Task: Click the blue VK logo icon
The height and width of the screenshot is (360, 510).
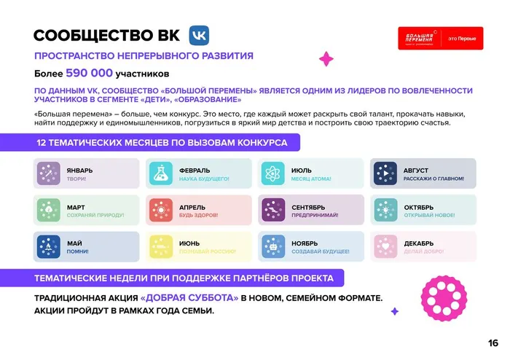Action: tap(200, 36)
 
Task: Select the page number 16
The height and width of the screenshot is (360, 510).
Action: tap(493, 343)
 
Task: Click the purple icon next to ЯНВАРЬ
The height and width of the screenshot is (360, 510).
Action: tap(48, 173)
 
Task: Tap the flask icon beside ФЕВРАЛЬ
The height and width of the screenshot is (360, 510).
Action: tap(161, 173)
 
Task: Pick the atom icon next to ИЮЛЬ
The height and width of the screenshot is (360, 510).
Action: tap(273, 173)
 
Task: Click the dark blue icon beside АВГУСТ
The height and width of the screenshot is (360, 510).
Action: tap(385, 173)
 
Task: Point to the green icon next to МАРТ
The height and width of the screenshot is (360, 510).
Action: tap(48, 210)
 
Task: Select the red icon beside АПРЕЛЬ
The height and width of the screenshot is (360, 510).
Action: tap(161, 210)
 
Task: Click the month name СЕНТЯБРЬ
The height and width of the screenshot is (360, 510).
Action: tap(308, 207)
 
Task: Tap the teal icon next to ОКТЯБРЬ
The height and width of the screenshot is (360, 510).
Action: tap(385, 210)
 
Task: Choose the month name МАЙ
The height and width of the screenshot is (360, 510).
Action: tap(74, 243)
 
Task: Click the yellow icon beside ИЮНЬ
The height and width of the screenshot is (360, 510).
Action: tap(161, 246)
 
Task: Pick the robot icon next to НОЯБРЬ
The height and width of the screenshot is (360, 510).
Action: tap(273, 246)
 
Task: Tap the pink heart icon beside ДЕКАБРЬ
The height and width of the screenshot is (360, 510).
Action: tap(385, 246)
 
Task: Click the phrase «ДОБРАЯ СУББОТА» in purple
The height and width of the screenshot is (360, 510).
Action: tap(189, 298)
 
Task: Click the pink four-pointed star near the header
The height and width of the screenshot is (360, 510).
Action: tap(327, 58)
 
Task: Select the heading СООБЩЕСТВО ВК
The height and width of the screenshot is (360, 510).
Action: tap(106, 37)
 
